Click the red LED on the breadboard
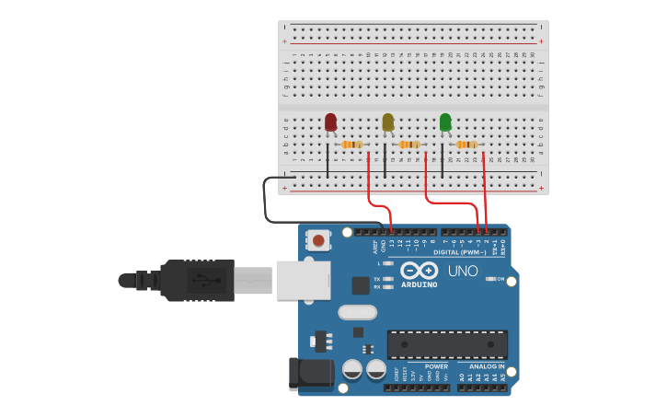(330, 122)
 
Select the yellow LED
(387, 122)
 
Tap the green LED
(445, 122)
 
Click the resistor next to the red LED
(351, 145)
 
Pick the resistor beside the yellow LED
(409, 145)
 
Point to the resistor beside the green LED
(466, 145)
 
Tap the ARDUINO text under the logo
(420, 284)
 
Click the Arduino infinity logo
(420, 271)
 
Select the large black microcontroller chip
(447, 344)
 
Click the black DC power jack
(311, 372)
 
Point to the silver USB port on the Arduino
(303, 279)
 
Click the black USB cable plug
(198, 280)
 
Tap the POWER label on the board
(436, 366)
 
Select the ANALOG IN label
(482, 366)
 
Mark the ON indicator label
(500, 279)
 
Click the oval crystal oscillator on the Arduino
(357, 312)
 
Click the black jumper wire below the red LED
(327, 160)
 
